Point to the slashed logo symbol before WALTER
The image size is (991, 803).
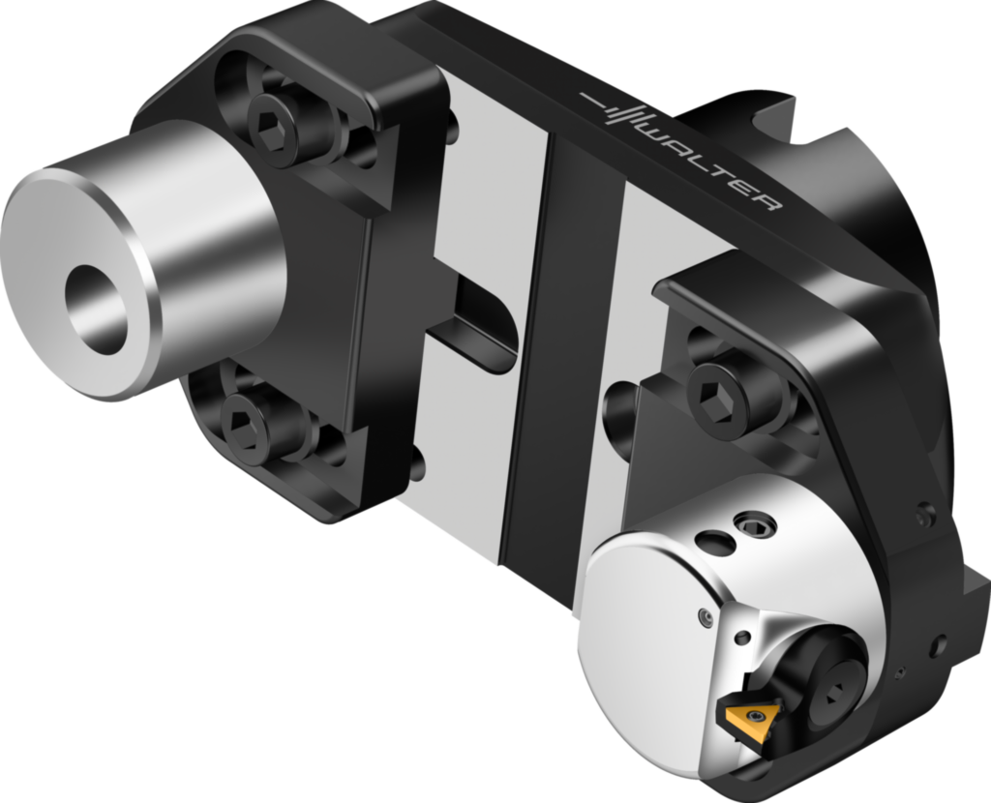point(620,111)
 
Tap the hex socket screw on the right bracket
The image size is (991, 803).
point(718,396)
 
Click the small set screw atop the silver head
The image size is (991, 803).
point(756,524)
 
